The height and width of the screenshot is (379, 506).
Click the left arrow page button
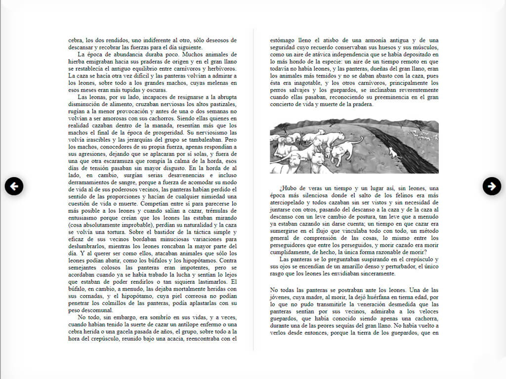tap(14, 186)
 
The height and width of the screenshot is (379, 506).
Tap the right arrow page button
tap(492, 186)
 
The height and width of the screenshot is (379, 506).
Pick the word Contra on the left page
tap(228, 260)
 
